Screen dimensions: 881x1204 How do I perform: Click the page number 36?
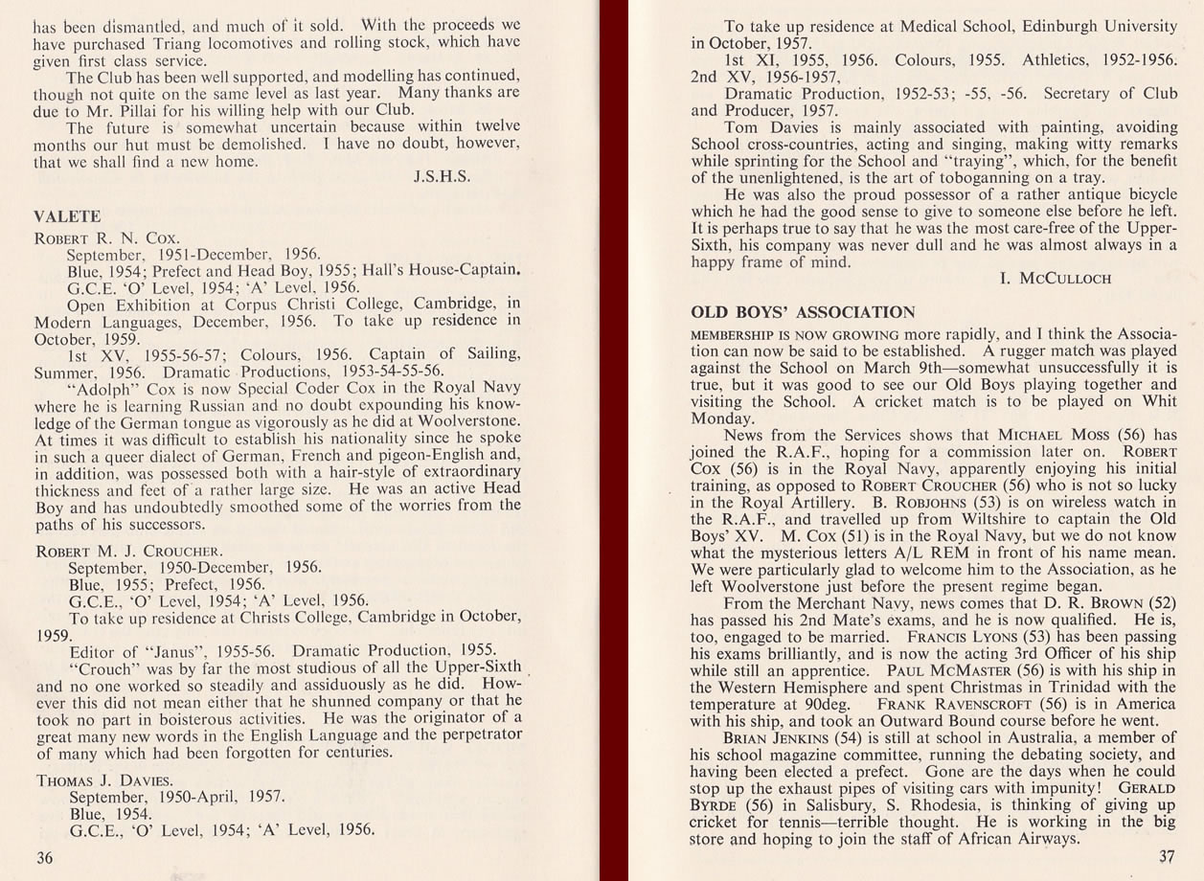click(x=45, y=858)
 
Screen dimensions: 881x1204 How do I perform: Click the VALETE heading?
click(x=67, y=217)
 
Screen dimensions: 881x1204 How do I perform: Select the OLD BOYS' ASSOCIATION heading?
click(x=803, y=312)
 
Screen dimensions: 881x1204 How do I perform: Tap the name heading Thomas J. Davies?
click(x=104, y=780)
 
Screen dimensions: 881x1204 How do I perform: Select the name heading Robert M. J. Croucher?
click(x=129, y=552)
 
